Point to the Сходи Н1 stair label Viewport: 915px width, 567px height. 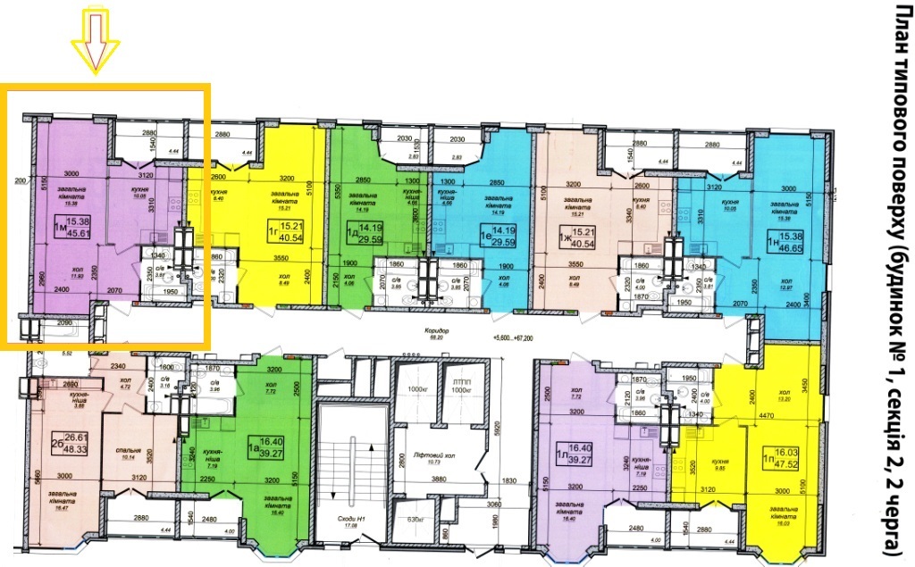pyautogui.click(x=353, y=519)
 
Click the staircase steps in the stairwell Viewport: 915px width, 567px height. pyautogui.click(x=353, y=457)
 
